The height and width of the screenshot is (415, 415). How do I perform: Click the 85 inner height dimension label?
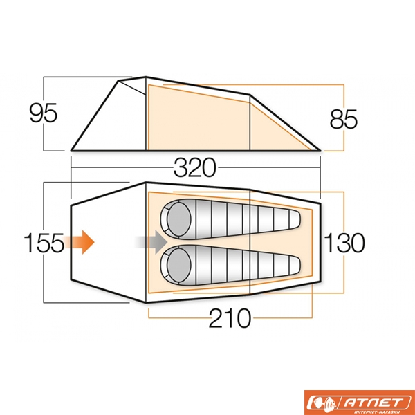343,119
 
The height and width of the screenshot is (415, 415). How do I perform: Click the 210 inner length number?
229,319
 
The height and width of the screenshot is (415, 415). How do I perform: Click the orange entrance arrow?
82,242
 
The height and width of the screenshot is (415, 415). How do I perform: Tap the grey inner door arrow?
150,242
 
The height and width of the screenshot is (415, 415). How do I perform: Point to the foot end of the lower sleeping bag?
290,264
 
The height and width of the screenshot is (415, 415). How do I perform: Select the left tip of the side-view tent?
72,149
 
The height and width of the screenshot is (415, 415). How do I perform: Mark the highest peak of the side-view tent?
146,77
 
